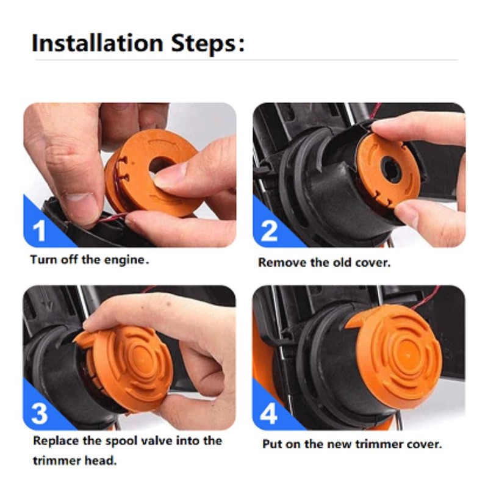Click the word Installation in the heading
(98, 43)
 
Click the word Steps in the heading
(204, 43)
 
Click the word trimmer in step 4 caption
(379, 444)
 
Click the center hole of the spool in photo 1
(160, 165)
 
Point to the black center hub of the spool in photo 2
(391, 170)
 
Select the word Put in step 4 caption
(272, 444)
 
